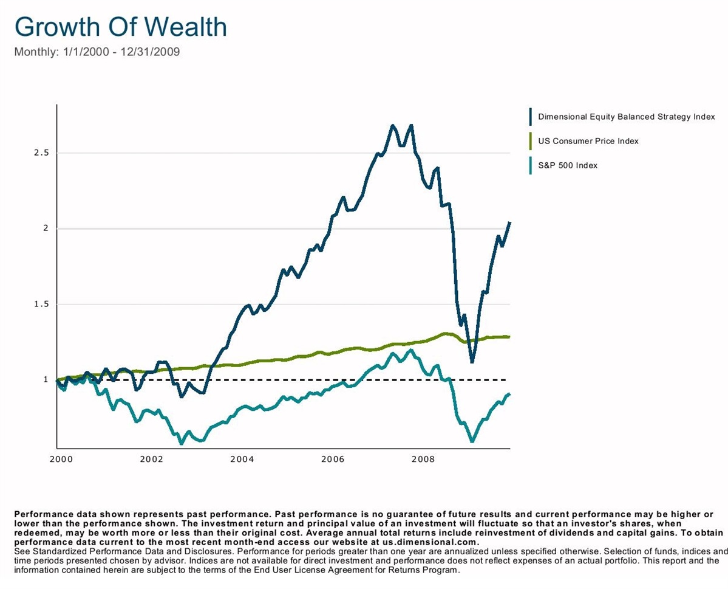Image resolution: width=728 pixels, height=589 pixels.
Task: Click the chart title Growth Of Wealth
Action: (x=120, y=27)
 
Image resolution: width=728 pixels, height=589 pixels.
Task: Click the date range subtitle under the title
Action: (x=97, y=52)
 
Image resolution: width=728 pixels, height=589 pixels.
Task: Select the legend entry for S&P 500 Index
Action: (x=568, y=165)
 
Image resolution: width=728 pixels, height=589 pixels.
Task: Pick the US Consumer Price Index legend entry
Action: (x=588, y=141)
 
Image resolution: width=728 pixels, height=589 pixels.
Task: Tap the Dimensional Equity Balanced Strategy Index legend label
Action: (x=627, y=117)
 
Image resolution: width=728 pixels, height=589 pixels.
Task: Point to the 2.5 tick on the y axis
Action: (x=40, y=153)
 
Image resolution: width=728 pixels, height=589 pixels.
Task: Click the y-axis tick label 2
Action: (x=45, y=229)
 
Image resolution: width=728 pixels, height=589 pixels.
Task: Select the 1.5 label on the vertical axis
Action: (x=40, y=304)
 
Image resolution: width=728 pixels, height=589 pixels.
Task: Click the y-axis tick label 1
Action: (x=45, y=380)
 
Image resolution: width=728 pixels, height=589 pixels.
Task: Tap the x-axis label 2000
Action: (x=61, y=460)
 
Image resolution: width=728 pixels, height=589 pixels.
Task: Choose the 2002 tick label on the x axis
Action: (x=151, y=460)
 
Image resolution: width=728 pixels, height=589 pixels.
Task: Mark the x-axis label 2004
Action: (x=242, y=460)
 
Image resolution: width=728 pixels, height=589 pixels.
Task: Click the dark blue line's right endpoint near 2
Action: (x=509, y=222)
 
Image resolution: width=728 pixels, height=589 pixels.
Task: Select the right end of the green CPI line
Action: (x=509, y=336)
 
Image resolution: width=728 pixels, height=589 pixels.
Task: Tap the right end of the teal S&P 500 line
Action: (x=509, y=394)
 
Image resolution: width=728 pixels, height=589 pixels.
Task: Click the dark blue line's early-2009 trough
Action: (x=472, y=361)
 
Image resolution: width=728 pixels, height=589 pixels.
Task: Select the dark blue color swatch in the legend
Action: (x=531, y=117)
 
